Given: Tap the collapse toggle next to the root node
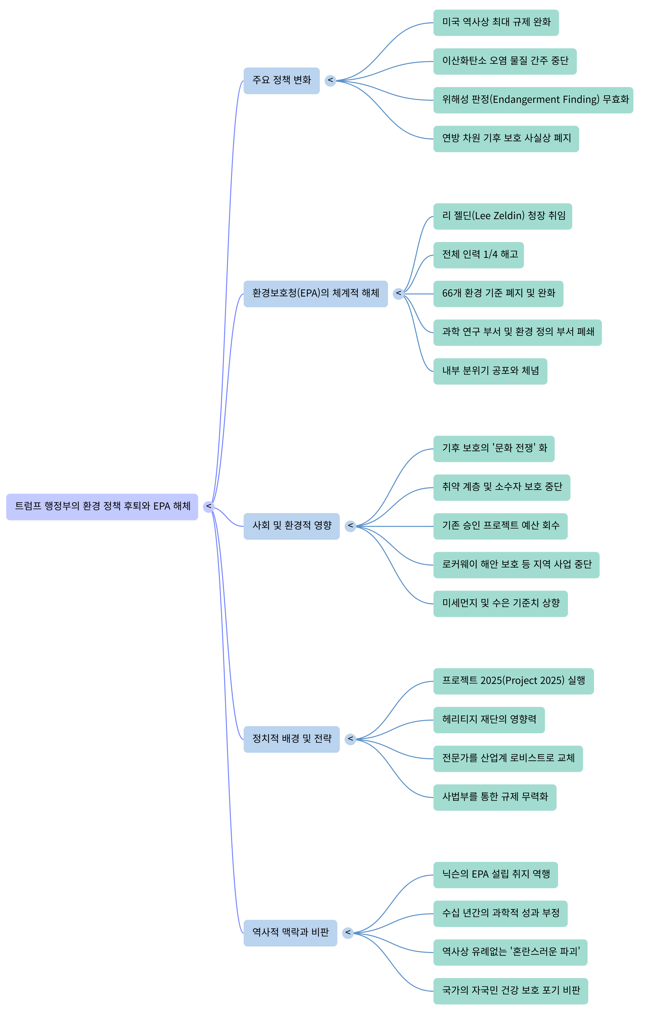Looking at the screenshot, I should pos(208,507).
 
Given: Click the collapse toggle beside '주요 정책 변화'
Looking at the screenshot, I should pos(330,81).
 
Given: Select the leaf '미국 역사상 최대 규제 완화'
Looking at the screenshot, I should pos(496,23).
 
